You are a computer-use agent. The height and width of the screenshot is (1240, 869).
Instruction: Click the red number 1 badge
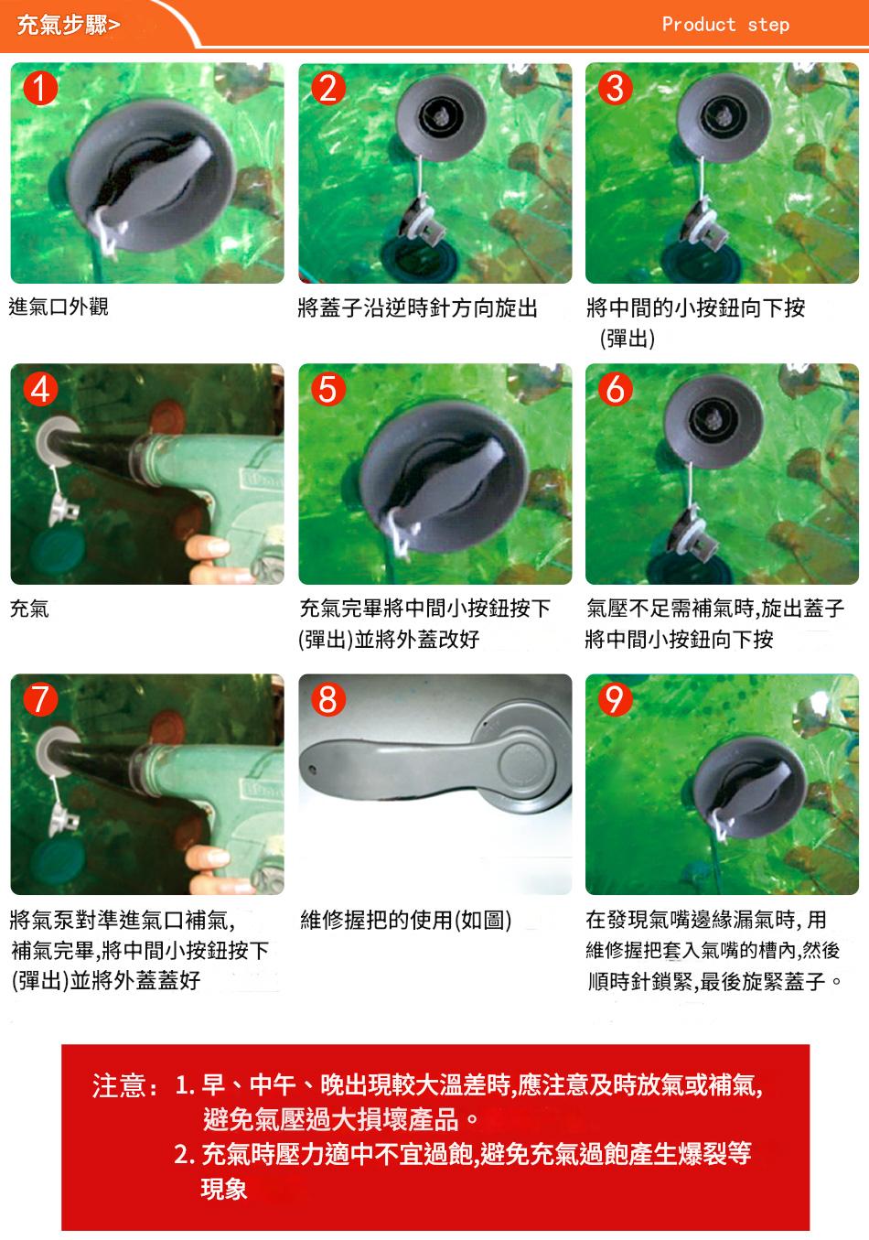(x=40, y=89)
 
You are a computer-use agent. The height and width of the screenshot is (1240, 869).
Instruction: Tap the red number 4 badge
(x=40, y=389)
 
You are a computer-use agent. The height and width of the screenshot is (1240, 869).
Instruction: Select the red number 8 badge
(x=328, y=699)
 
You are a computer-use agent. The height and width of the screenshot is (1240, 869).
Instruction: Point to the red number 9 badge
(x=616, y=699)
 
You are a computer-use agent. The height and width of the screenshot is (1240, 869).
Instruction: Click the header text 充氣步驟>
(x=68, y=25)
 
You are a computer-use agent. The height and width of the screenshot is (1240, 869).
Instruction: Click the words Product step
(x=725, y=25)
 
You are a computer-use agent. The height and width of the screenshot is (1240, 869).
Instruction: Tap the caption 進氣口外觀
(x=59, y=307)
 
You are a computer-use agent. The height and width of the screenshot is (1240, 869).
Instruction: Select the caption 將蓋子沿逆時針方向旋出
(x=418, y=307)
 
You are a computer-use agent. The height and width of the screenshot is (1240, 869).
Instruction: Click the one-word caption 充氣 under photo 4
(x=29, y=609)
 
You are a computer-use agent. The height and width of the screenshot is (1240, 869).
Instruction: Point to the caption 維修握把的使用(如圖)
(x=406, y=920)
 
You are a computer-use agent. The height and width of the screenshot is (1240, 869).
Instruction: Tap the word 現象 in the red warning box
(x=224, y=1189)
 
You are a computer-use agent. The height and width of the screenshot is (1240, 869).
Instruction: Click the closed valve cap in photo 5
(x=444, y=477)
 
